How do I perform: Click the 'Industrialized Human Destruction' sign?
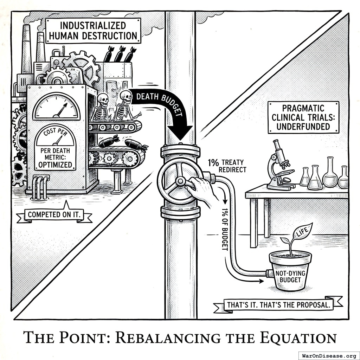93,31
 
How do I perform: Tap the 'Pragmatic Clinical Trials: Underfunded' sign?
303,117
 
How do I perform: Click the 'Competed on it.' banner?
55,214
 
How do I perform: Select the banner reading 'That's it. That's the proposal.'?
279,305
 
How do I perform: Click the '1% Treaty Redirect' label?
227,166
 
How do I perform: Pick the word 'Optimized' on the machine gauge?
55,165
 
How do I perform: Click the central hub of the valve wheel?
180,181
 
